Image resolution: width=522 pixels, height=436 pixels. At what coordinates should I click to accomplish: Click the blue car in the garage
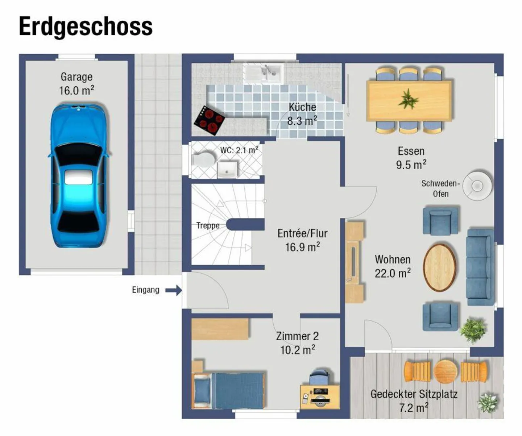(79, 176)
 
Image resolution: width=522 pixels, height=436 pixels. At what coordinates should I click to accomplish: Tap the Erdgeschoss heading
(86, 26)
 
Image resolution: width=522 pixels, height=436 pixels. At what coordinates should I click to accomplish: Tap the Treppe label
(208, 226)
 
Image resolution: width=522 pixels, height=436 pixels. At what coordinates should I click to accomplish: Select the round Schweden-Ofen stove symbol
(478, 186)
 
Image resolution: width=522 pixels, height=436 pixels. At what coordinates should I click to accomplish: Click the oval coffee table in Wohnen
(440, 267)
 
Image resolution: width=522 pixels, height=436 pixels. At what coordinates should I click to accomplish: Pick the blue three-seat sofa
(480, 267)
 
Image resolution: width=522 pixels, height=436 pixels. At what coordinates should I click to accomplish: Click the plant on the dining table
(409, 99)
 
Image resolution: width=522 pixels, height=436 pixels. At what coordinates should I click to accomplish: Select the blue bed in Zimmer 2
(229, 390)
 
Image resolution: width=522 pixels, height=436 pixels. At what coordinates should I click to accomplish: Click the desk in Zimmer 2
(320, 396)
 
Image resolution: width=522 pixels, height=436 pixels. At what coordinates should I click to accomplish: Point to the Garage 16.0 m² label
(76, 84)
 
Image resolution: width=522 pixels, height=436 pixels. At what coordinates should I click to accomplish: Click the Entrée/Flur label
(302, 240)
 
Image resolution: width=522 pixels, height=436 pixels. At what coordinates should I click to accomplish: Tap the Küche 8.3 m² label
(302, 114)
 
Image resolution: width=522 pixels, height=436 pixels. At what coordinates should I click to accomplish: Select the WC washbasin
(227, 170)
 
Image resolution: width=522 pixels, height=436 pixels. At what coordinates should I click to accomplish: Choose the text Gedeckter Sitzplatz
(414, 394)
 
